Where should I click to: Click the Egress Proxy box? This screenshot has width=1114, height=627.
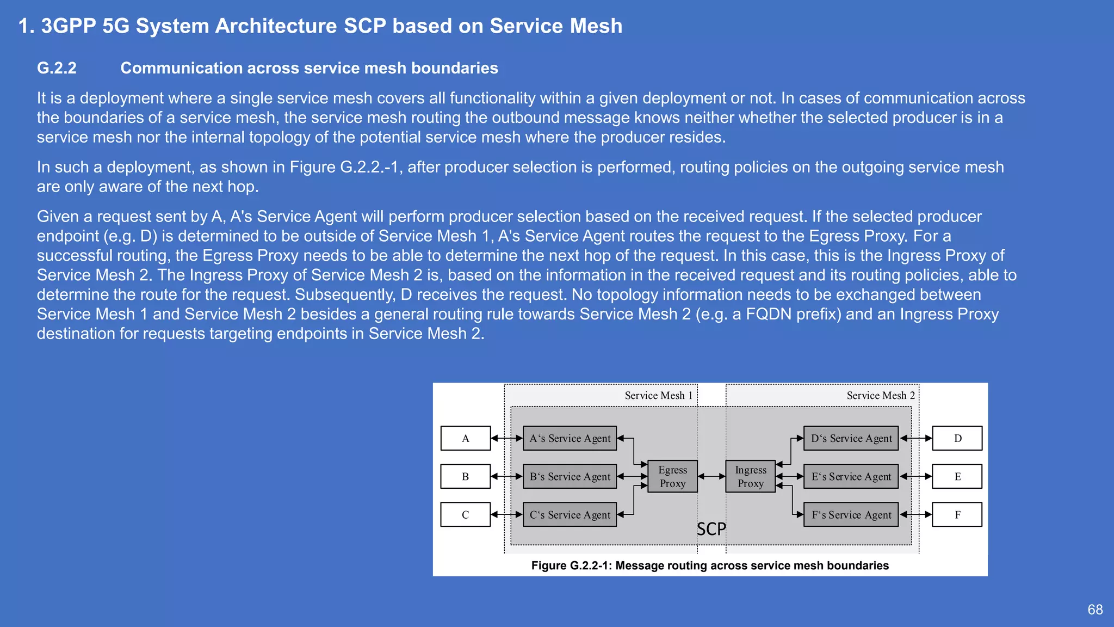tap(672, 476)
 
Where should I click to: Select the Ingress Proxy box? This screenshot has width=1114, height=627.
tap(751, 476)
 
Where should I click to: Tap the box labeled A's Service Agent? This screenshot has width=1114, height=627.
tap(570, 438)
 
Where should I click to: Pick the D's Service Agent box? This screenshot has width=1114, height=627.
tap(851, 438)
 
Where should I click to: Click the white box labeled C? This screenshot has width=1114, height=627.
tap(465, 514)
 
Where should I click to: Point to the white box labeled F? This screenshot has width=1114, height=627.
tap(957, 514)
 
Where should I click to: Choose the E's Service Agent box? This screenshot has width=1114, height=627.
tap(851, 476)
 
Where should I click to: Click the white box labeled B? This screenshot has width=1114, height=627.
tap(465, 476)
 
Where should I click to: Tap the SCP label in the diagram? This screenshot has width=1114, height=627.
tap(711, 529)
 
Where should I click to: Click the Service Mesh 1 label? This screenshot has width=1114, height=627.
tap(658, 396)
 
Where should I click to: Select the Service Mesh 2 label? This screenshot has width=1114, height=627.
tap(880, 396)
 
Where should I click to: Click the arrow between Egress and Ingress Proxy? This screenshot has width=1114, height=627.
tap(711, 476)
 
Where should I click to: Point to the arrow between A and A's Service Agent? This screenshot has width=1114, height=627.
tap(506, 438)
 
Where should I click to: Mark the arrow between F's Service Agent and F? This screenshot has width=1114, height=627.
tap(915, 514)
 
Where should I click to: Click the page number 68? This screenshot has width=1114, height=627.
tap(1095, 610)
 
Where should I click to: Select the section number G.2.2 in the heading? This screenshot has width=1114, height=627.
tap(57, 68)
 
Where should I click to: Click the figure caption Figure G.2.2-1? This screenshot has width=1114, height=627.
tap(709, 565)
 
